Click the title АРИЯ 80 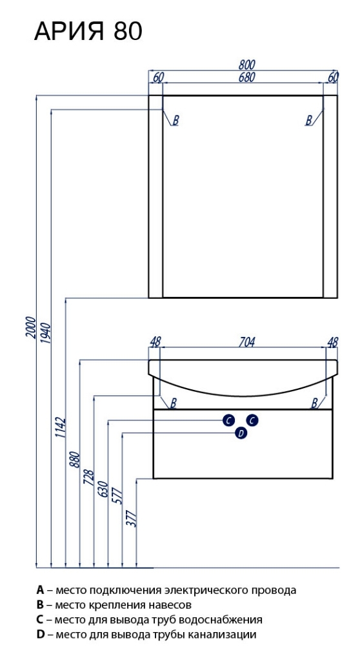(88, 32)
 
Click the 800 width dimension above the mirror (246, 65)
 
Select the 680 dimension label (246, 77)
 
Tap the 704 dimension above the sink (246, 342)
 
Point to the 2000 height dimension (30, 327)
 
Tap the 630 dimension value (103, 491)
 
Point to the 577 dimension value (117, 497)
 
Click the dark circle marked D (241, 433)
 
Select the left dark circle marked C (228, 420)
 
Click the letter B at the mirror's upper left (175, 121)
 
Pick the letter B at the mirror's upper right (309, 121)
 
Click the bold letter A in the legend (40, 590)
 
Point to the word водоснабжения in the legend (221, 620)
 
